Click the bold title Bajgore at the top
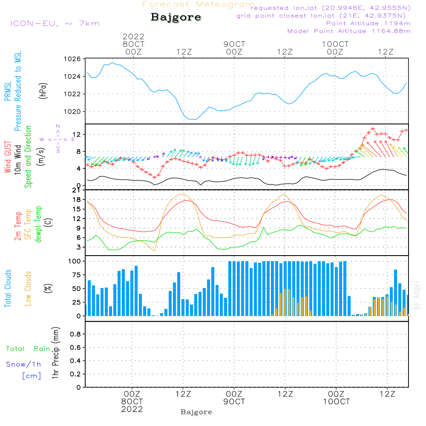click(x=176, y=17)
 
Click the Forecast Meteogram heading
click(x=198, y=4)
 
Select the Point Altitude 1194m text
click(x=368, y=23)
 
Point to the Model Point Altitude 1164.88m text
click(x=349, y=31)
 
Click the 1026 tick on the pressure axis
click(x=74, y=59)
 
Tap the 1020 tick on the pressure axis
click(x=74, y=112)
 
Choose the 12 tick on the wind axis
click(x=77, y=135)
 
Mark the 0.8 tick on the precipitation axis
click(x=75, y=334)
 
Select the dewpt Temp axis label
click(x=38, y=225)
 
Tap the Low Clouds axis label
click(x=29, y=288)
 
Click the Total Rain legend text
click(x=28, y=349)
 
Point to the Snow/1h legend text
click(x=23, y=364)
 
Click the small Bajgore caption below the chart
click(x=196, y=412)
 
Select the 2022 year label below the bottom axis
click(x=132, y=409)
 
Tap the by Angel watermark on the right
click(x=417, y=295)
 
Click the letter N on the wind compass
click(x=58, y=126)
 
